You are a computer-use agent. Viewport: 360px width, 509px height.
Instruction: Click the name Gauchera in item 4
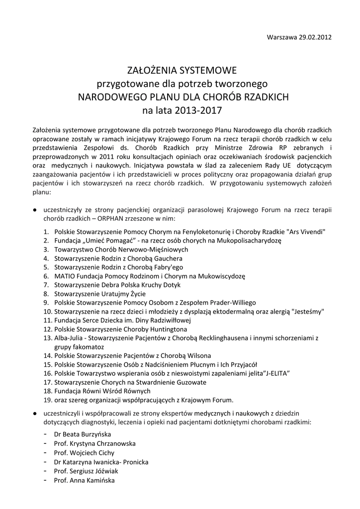[169, 258]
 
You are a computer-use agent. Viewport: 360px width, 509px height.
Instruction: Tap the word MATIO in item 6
[65, 276]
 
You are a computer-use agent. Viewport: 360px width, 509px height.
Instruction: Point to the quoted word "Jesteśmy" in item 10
[308, 312]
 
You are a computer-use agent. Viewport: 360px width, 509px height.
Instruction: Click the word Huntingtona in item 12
[168, 330]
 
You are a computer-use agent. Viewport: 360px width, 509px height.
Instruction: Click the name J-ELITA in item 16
[272, 373]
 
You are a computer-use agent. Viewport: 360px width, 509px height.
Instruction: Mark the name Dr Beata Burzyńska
[83, 434]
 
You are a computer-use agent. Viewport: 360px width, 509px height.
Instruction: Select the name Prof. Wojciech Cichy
[84, 453]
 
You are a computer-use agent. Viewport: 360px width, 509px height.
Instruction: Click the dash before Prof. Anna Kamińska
[46, 481]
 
